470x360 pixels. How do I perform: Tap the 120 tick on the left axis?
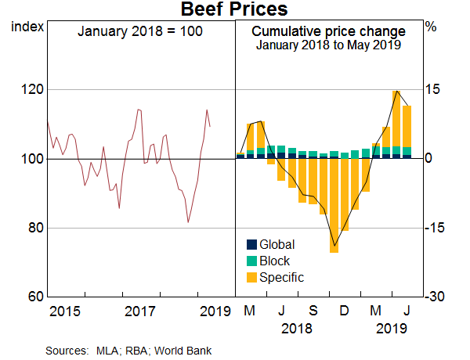pos(28,89)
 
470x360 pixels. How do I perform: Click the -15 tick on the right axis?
pos(436,228)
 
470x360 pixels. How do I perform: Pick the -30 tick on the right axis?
pos(436,297)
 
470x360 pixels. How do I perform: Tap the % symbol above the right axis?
pos(430,27)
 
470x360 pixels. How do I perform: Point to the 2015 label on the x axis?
pos(64,311)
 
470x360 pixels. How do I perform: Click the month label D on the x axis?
pos(344,311)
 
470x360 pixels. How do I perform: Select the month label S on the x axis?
pos(313,311)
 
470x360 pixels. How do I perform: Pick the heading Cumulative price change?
pos(328,31)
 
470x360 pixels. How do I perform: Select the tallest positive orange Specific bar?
pos(396,117)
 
